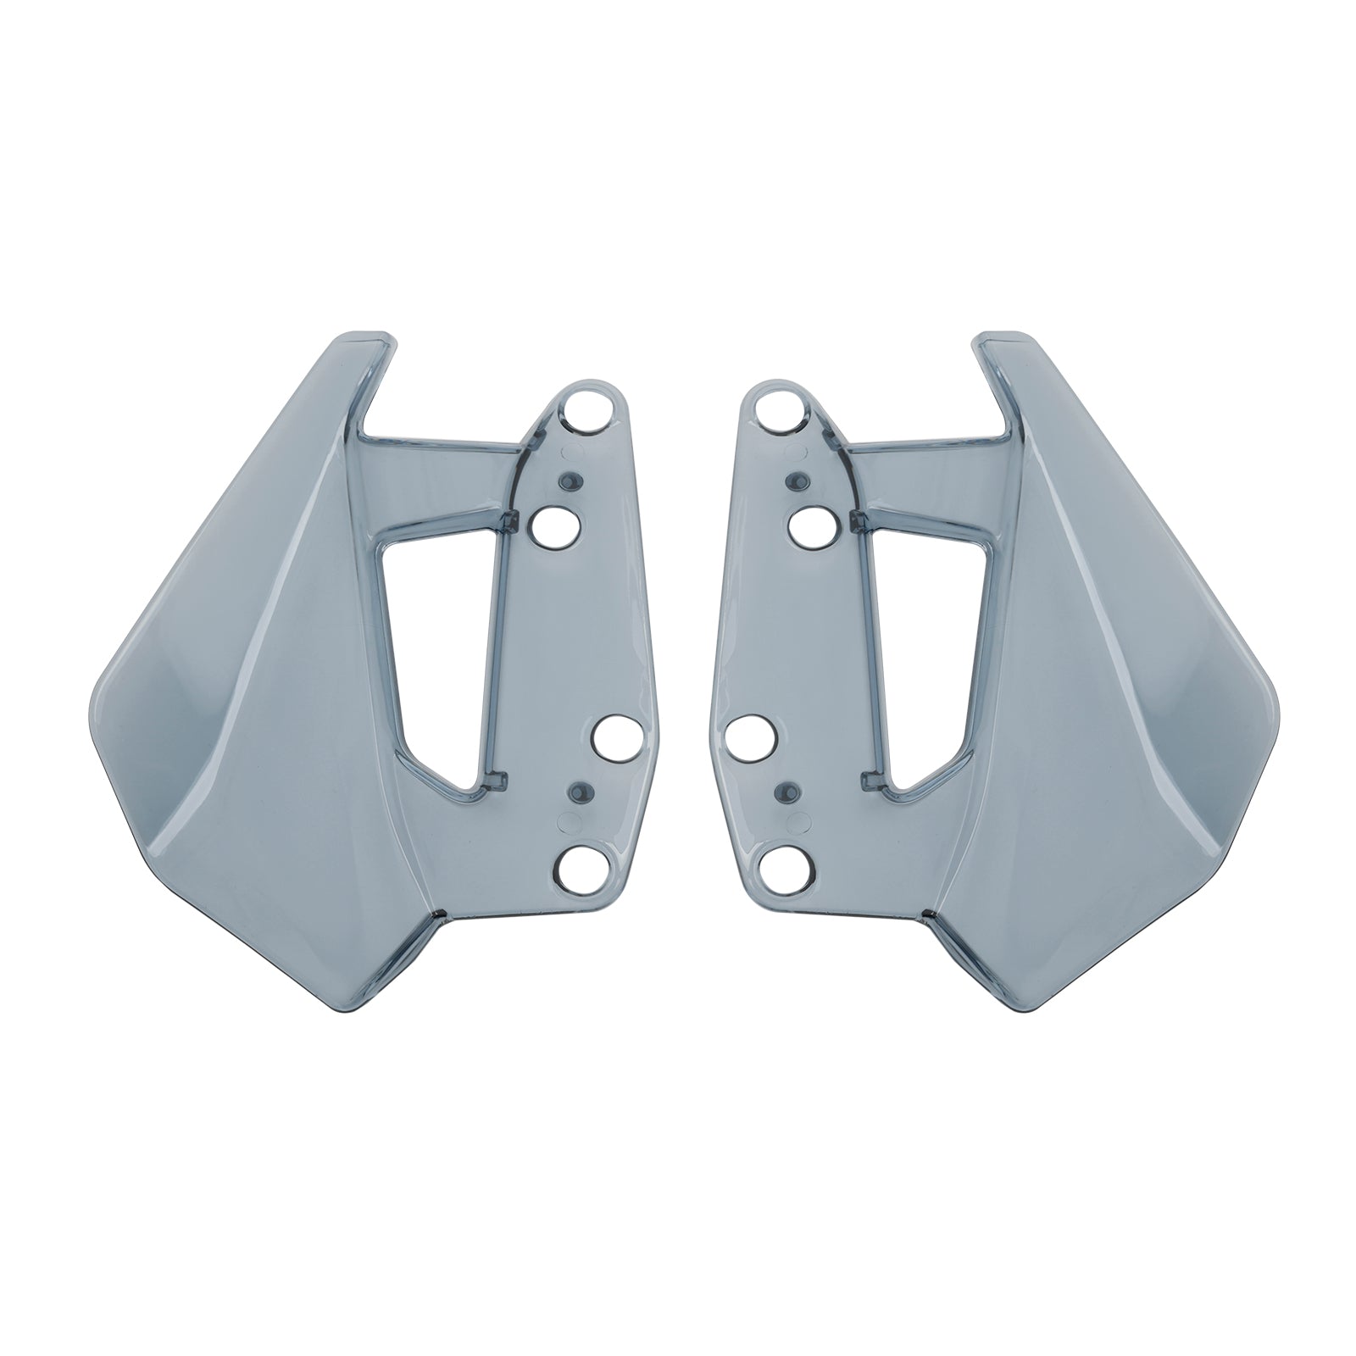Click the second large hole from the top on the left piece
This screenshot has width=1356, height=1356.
click(556, 527)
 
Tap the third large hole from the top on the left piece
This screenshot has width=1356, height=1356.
click(618, 736)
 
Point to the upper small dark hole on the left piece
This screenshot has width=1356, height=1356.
click(571, 481)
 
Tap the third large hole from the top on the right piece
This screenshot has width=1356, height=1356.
click(750, 736)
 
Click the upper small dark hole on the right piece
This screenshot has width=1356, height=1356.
click(796, 481)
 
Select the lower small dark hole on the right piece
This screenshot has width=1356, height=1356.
click(786, 792)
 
